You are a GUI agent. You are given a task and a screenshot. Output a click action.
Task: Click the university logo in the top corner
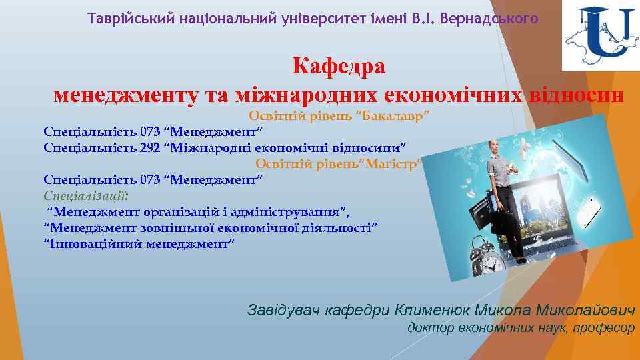coord(600,37)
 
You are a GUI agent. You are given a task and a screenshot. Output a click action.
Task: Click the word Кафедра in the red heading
coord(339,67)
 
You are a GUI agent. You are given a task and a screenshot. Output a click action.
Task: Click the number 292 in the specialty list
coord(151,147)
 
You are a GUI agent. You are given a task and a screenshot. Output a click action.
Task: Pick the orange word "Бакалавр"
coord(394,116)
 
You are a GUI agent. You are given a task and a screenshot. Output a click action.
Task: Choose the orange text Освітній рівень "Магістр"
coord(338,163)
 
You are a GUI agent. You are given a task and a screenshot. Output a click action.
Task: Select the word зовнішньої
coord(177,228)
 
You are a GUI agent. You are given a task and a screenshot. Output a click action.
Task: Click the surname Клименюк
coord(433,311)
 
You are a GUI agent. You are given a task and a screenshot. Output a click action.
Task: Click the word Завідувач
coord(284,311)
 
